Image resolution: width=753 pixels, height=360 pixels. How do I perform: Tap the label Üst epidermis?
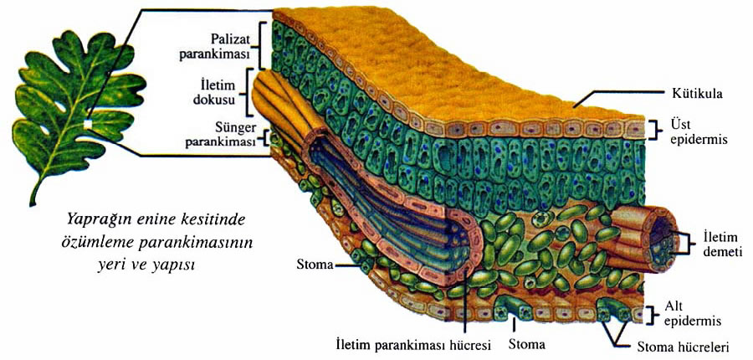691,132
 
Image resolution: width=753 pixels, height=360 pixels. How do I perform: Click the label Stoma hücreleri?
683,347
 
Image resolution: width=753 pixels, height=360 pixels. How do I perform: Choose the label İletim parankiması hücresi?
413,345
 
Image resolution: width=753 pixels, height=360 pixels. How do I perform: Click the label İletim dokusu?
226,93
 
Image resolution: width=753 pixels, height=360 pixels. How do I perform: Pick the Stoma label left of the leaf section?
315,265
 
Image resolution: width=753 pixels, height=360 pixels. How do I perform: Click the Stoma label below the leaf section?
527,345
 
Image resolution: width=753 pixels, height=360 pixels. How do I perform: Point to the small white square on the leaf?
87,125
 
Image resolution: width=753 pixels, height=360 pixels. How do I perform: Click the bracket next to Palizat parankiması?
261,46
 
